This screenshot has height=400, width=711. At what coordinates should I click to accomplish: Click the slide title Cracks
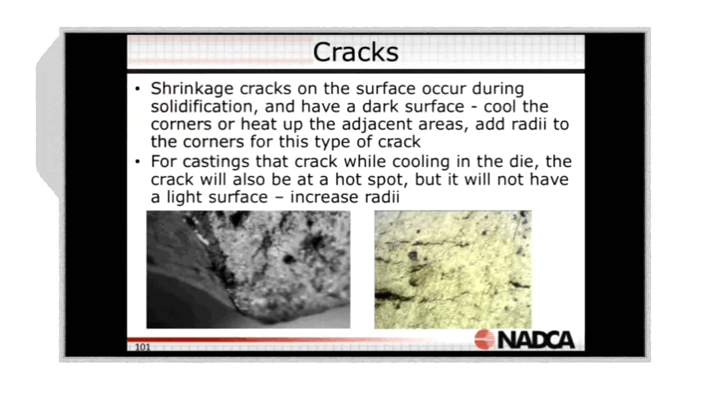(355, 52)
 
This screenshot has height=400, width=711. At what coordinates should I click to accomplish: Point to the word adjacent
(377, 125)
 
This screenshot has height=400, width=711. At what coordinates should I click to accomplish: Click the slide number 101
(143, 347)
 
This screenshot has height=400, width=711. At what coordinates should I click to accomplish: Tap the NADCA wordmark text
(536, 340)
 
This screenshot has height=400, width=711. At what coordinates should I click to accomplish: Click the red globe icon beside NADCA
(484, 339)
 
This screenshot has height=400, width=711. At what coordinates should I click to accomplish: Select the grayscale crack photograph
(248, 269)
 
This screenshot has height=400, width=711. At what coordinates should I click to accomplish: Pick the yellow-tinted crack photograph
(453, 269)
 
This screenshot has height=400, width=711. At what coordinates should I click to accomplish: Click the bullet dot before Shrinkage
(138, 89)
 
